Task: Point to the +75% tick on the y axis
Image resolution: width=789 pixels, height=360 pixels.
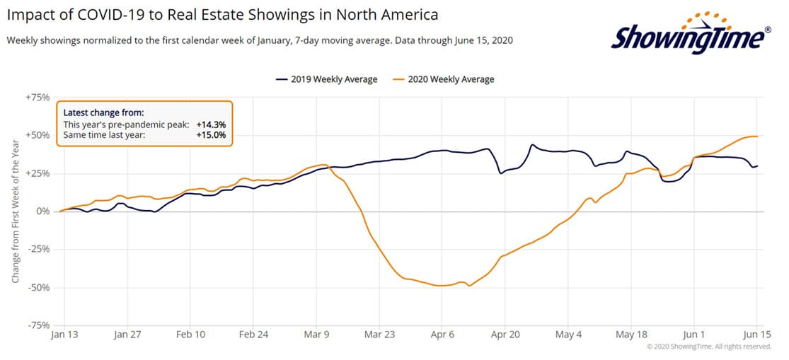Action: point(38,98)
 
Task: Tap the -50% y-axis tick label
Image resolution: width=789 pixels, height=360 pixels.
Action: point(38,288)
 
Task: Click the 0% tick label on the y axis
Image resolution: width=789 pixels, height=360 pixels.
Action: point(42,211)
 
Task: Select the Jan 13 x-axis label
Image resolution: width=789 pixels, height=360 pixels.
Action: point(64,334)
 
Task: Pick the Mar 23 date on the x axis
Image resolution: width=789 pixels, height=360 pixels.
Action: point(380,334)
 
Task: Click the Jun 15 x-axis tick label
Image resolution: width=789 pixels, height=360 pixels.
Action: point(756,334)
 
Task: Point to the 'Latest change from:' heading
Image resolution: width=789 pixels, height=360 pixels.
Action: point(103,112)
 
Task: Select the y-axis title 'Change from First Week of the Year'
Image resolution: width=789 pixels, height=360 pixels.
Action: point(15,211)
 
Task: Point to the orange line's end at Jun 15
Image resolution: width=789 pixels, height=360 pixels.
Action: point(757,136)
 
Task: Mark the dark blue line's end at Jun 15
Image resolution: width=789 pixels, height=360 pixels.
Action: point(757,166)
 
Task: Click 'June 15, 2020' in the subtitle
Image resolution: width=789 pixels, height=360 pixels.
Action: point(478,40)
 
